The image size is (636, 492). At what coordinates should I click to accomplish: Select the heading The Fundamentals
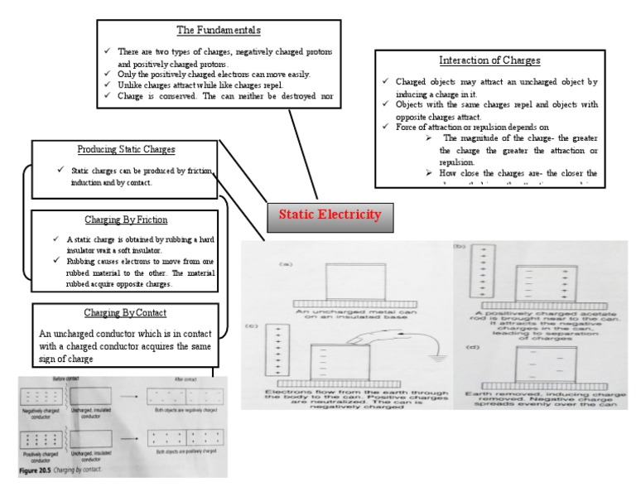point(219,31)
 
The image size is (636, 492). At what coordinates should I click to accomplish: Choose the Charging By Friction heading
point(126,220)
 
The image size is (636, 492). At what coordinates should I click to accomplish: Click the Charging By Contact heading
point(126,313)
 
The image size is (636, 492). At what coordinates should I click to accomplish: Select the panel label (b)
point(460,248)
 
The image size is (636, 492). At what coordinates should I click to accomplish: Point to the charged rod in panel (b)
point(475,274)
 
